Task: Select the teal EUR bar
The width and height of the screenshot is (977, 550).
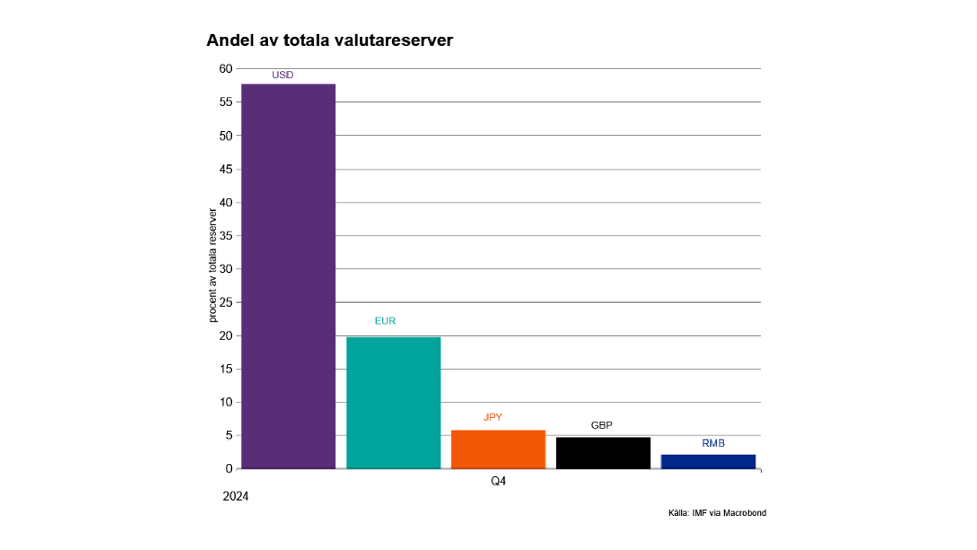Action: point(393,402)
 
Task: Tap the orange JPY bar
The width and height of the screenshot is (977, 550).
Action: point(498,449)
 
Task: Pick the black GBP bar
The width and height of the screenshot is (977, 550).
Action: point(603,453)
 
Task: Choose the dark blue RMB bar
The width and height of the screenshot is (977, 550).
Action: point(708,461)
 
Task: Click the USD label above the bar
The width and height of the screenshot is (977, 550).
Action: point(282,75)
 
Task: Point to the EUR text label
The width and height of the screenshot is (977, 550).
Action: point(385,321)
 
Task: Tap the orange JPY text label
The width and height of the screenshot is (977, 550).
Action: point(493,417)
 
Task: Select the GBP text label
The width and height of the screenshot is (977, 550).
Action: point(601,425)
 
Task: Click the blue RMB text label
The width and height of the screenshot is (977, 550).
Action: point(713,443)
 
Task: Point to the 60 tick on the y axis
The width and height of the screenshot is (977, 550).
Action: point(225,69)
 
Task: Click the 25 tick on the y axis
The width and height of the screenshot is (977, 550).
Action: point(225,302)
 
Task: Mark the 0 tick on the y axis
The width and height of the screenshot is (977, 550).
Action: point(229,469)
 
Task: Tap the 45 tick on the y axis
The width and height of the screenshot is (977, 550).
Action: point(225,169)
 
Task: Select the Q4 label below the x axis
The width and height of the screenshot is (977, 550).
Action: point(498,481)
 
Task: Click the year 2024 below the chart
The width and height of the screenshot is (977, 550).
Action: point(236,497)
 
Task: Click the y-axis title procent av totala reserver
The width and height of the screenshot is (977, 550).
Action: point(213,265)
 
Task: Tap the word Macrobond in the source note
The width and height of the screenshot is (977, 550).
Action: point(744,513)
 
